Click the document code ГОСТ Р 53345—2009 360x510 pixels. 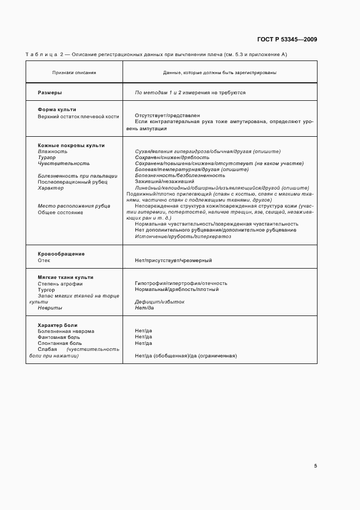point(286,40)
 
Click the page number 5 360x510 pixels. point(315,465)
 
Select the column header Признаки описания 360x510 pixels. point(74,72)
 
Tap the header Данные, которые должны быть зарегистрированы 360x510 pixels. point(219,72)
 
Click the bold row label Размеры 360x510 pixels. point(50,93)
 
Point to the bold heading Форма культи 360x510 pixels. point(57,110)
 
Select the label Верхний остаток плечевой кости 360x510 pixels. point(78,116)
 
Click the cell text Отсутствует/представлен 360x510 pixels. point(167,116)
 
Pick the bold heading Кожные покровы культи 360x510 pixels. point(71,145)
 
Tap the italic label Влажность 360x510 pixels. point(52,151)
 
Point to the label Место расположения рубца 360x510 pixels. point(74,206)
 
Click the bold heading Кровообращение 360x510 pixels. point(61,254)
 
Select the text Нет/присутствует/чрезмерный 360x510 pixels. point(173,260)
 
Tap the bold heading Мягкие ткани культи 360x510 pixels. point(65,277)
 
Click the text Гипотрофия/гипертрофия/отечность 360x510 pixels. point(181,283)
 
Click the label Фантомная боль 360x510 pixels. point(60,337)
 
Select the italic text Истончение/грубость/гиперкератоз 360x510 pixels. point(183,236)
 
